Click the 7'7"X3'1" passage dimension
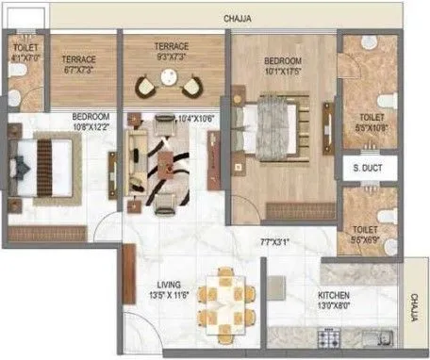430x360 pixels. pyautogui.click(x=275, y=242)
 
